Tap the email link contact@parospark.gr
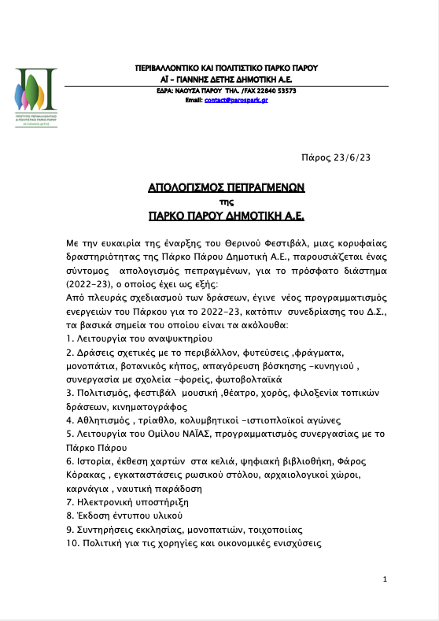(236, 100)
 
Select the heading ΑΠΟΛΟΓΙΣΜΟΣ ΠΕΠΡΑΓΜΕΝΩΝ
(226, 188)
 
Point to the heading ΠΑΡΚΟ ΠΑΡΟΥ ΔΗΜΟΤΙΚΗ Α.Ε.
(226, 214)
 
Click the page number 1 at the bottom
(384, 579)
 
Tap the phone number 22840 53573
(275, 91)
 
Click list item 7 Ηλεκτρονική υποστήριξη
(126, 501)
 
